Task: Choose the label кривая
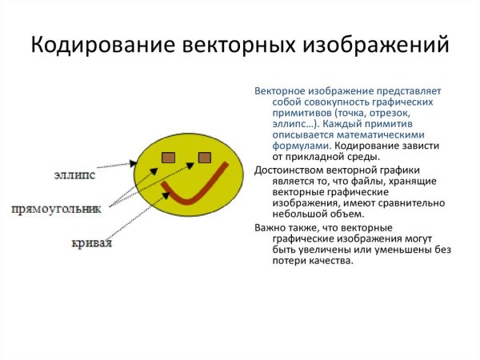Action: pyautogui.click(x=89, y=242)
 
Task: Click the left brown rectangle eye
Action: pyautogui.click(x=169, y=157)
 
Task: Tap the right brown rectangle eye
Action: pyautogui.click(x=204, y=157)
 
